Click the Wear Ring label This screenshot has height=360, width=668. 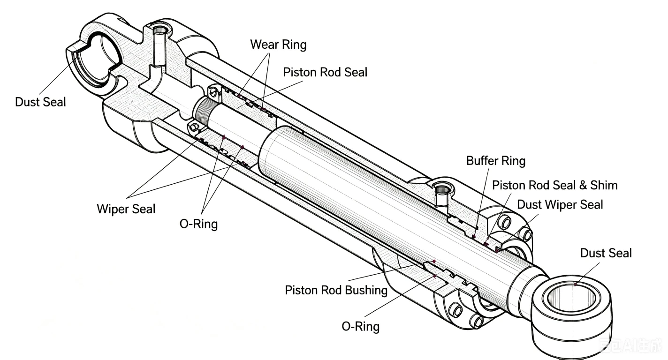pyautogui.click(x=278, y=45)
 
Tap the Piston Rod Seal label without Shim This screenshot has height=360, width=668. pyautogui.click(x=325, y=72)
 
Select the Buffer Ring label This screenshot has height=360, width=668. pyautogui.click(x=496, y=161)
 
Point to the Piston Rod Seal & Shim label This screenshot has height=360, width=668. pyautogui.click(x=554, y=185)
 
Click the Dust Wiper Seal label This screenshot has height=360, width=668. pyautogui.click(x=560, y=205)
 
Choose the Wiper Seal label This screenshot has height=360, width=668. pyautogui.click(x=126, y=209)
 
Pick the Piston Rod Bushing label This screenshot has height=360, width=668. pyautogui.click(x=336, y=290)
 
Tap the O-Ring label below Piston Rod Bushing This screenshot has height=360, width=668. pyautogui.click(x=361, y=327)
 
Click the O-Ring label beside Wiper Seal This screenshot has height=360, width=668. pyautogui.click(x=198, y=224)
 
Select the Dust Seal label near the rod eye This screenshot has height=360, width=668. pyautogui.click(x=606, y=253)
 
